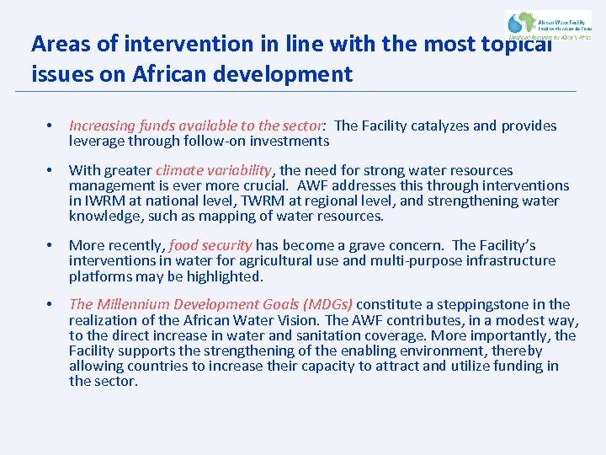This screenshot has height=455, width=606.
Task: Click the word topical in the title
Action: (x=511, y=44)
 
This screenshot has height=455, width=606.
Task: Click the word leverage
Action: (x=98, y=142)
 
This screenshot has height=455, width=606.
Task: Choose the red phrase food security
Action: (x=210, y=246)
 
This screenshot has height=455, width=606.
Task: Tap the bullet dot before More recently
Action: (x=51, y=246)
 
